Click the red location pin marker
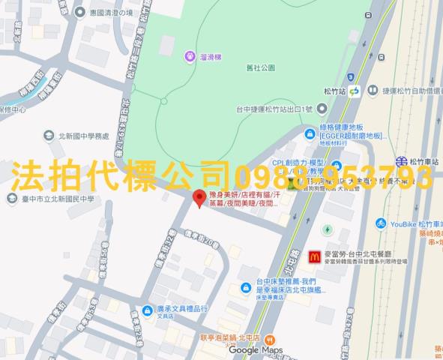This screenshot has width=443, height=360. (x=199, y=198)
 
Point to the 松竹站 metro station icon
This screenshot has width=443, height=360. (x=354, y=91)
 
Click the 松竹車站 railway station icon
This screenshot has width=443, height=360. (x=400, y=160)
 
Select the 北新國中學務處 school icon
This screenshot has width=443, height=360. (x=49, y=136)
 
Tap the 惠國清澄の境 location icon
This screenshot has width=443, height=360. (x=80, y=12)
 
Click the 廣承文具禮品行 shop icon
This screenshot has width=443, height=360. (x=148, y=311)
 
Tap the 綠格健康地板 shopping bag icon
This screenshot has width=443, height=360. (x=310, y=134)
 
